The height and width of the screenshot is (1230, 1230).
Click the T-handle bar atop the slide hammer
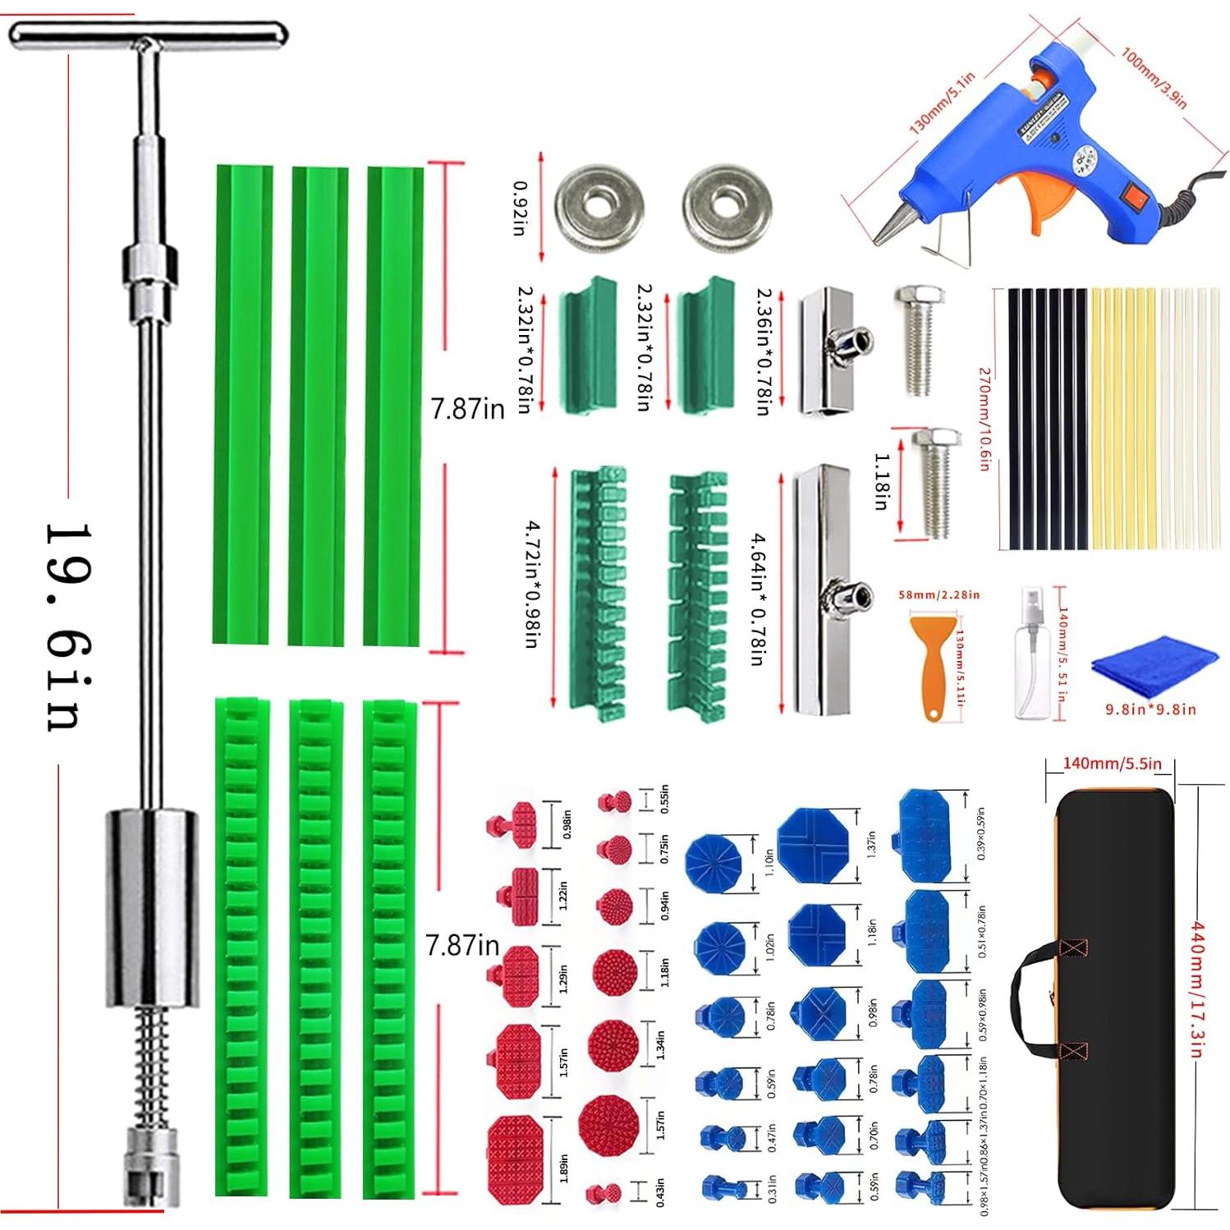coord(148,34)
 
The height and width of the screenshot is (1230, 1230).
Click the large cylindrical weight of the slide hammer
coord(152,907)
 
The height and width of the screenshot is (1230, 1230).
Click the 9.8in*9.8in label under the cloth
coord(1150,709)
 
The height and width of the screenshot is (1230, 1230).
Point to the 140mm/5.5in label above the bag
coord(1112,764)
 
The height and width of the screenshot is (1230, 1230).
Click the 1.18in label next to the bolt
coord(881,481)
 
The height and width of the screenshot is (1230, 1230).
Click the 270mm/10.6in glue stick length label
coord(984,419)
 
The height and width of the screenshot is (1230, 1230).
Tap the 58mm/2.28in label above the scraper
coord(939,594)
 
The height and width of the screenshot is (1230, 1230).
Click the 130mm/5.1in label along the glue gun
coord(942,103)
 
